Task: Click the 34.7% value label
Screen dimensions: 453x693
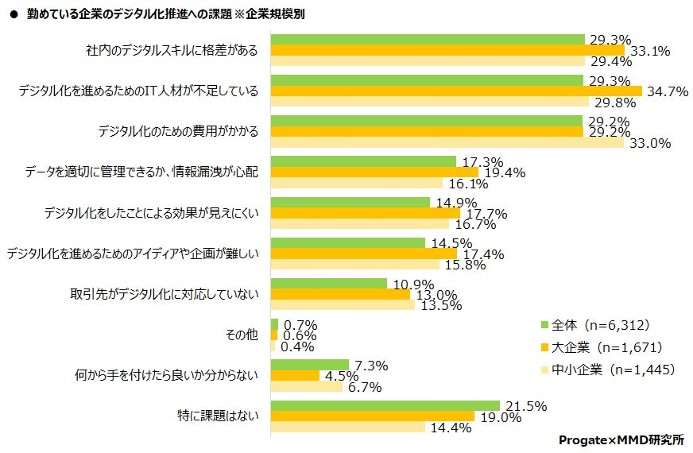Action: point(668,91)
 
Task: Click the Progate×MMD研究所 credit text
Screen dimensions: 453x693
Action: point(621,439)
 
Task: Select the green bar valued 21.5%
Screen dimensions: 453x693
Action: point(385,405)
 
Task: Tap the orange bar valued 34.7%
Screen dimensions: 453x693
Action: point(456,91)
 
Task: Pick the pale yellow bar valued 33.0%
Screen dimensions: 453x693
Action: point(447,143)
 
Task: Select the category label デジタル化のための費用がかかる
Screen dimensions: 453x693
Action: point(178,132)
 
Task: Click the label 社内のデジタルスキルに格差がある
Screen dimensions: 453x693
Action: point(172,51)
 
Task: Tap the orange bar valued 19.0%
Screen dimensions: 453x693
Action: point(373,416)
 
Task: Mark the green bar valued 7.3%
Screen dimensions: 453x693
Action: point(310,365)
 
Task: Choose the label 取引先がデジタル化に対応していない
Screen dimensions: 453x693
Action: point(165,295)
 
